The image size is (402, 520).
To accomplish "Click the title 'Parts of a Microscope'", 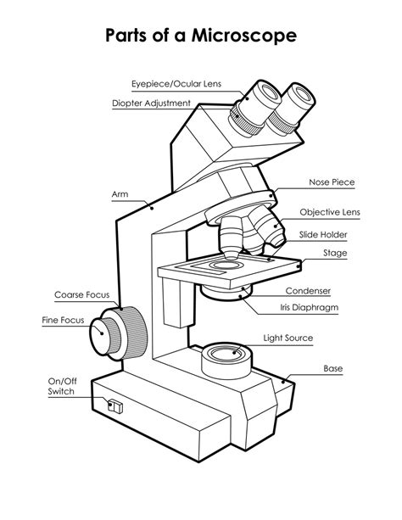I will (x=201, y=36).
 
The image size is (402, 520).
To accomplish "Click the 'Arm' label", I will (x=120, y=194).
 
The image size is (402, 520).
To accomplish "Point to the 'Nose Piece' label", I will (x=331, y=182).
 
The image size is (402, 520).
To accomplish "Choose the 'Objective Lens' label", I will (x=330, y=212).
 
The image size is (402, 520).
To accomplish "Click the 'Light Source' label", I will (x=288, y=338).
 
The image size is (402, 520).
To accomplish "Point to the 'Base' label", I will (x=332, y=369).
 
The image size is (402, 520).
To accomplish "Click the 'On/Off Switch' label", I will (x=61, y=387).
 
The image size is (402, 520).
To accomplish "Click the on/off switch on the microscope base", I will (x=115, y=406).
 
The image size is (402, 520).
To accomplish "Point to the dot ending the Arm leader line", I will (x=151, y=206).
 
